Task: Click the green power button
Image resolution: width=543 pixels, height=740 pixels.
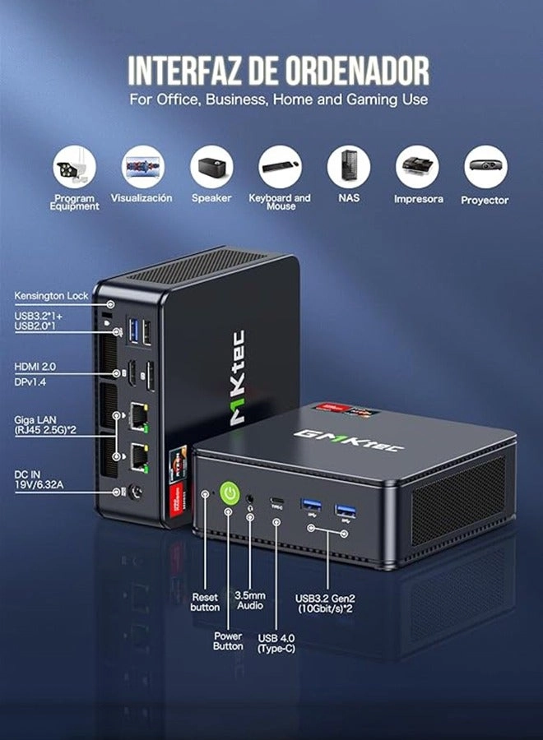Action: (230, 493)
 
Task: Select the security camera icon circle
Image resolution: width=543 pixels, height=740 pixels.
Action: (74, 167)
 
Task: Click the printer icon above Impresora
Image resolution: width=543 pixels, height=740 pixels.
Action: (417, 167)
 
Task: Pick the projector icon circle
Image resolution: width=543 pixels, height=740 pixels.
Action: (486, 167)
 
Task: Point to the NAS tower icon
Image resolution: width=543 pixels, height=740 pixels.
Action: (349, 167)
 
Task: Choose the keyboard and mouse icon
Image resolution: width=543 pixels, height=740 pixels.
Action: (280, 167)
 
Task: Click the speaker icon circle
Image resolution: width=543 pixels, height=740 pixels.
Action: (211, 167)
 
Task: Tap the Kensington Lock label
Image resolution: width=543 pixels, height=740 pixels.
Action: (51, 296)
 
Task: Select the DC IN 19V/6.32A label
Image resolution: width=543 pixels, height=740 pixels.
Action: (39, 479)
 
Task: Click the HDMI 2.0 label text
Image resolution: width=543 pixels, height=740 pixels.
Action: (35, 367)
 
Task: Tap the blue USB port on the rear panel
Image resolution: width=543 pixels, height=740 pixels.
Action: (133, 331)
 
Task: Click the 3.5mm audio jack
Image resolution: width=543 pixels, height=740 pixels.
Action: (250, 498)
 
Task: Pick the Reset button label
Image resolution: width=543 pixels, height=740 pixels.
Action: (205, 602)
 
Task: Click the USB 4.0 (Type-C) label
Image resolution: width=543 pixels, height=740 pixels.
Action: (276, 643)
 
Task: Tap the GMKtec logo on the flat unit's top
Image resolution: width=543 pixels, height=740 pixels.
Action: (349, 440)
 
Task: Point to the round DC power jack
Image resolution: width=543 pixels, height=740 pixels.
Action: (137, 493)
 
